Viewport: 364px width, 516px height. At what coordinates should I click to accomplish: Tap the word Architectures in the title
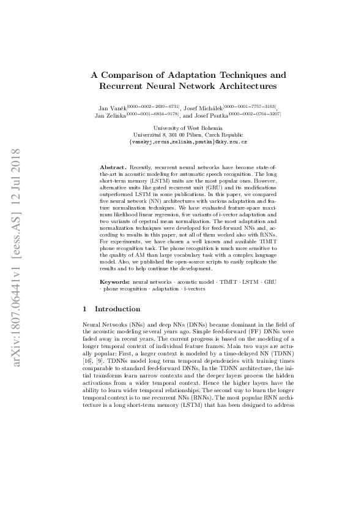pos(234,86)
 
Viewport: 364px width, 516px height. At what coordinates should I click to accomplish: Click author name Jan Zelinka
pos(110,115)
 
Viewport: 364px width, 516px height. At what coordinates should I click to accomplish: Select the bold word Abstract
pos(113,167)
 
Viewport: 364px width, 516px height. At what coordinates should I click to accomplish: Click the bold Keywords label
pos(115,281)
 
